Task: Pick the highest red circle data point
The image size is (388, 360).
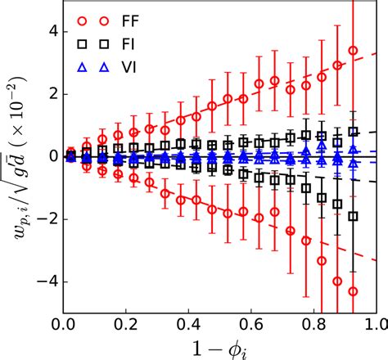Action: [353, 50]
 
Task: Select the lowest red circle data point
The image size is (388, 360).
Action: [353, 291]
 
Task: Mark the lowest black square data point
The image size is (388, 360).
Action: [353, 217]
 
